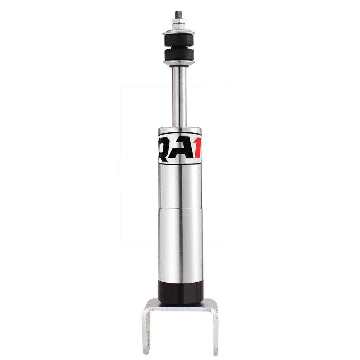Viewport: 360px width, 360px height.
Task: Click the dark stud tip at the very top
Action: pyautogui.click(x=179, y=14)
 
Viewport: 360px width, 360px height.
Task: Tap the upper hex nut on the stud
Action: pyautogui.click(x=179, y=20)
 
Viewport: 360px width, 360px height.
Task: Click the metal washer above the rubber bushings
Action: pyautogui.click(x=179, y=32)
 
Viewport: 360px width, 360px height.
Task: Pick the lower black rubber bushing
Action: pyautogui.click(x=179, y=55)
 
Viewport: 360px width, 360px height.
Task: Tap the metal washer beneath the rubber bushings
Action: pyautogui.click(x=179, y=63)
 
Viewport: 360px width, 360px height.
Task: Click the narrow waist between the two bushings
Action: pyautogui.click(x=179, y=47)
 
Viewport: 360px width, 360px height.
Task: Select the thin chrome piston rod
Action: pyautogui.click(x=179, y=95)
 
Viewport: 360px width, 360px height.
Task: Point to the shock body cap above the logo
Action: pyautogui.click(x=179, y=130)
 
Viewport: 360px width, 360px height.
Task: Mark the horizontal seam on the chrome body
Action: pyautogui.click(x=180, y=209)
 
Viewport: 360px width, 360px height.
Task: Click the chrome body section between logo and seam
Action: pyautogui.click(x=180, y=186)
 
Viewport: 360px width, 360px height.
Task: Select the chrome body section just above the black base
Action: pyautogui.click(x=180, y=246)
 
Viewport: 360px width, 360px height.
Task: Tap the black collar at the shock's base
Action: pyautogui.click(x=180, y=292)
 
